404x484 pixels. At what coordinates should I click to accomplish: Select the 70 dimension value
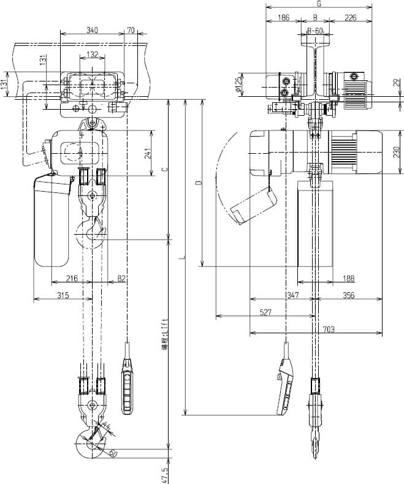pyautogui.click(x=130, y=30)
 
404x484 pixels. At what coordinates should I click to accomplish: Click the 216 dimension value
pyautogui.click(x=72, y=279)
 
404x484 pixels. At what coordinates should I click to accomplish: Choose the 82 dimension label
pyautogui.click(x=121, y=279)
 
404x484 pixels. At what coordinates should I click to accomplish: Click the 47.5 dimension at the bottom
pyautogui.click(x=164, y=474)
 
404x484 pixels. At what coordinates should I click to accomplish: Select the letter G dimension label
pyautogui.click(x=319, y=4)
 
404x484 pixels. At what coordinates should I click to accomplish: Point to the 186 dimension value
pyautogui.click(x=283, y=18)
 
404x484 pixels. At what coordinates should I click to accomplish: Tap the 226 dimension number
pyautogui.click(x=351, y=18)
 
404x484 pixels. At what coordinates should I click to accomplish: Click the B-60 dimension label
pyautogui.click(x=315, y=30)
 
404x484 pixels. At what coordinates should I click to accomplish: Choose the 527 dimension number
pyautogui.click(x=265, y=312)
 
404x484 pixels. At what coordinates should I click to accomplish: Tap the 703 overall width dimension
pyautogui.click(x=329, y=329)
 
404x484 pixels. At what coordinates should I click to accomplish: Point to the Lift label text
pyautogui.click(x=164, y=331)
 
